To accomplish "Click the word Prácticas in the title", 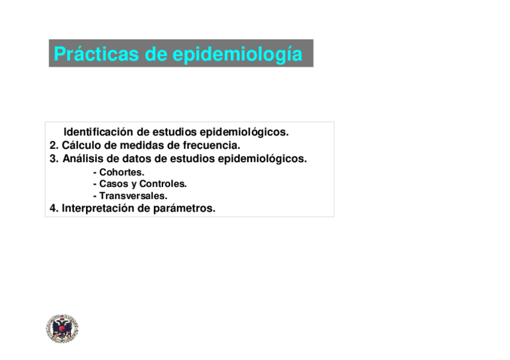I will click(96, 54).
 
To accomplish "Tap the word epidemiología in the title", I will click(238, 54).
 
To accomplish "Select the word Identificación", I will click(99, 132).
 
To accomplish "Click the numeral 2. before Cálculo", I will click(54, 145).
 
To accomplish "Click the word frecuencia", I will click(211, 145).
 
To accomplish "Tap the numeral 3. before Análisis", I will click(54, 159).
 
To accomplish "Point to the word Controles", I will click(163, 184).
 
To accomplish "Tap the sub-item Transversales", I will click(133, 196).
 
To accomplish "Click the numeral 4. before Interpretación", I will click(54, 209).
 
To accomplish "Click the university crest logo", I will click(62, 329).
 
